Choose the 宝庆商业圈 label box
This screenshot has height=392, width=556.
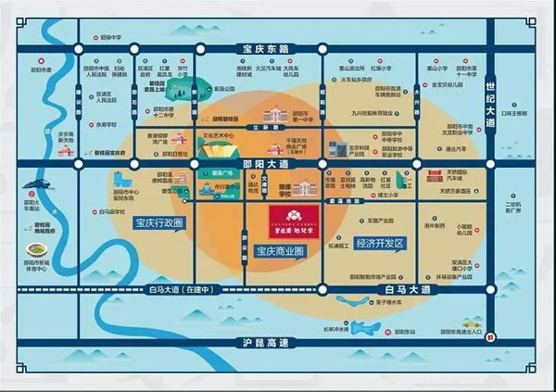282,250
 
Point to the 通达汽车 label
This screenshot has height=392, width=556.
457,148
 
